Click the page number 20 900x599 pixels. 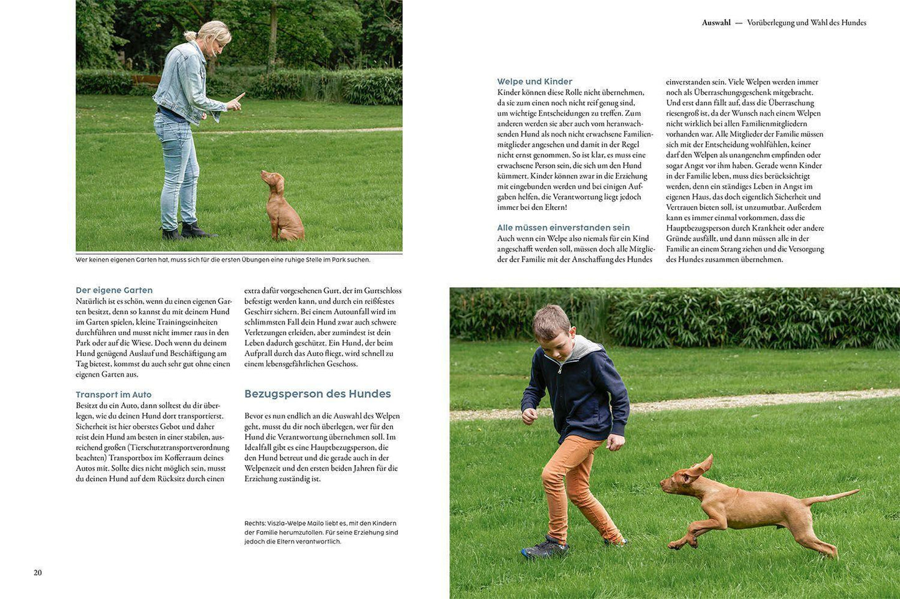click(37, 573)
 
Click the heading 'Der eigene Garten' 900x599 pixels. click(114, 290)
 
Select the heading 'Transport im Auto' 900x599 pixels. click(113, 395)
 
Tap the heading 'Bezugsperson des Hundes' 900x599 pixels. click(318, 394)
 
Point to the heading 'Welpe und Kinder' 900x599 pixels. click(534, 82)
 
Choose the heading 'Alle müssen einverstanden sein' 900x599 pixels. click(563, 228)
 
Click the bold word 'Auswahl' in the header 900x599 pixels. click(716, 22)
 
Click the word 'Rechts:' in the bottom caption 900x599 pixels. click(255, 524)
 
